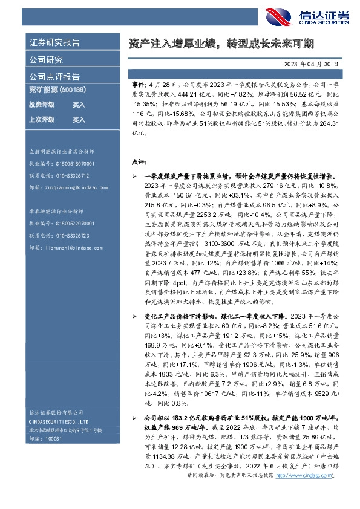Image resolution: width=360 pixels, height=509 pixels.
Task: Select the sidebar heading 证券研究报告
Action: (54, 43)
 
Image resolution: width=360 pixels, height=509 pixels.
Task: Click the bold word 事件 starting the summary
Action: (138, 88)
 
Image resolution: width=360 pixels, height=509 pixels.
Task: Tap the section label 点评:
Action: (138, 163)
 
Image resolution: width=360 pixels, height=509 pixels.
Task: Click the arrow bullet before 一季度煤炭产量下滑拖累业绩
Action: (134, 176)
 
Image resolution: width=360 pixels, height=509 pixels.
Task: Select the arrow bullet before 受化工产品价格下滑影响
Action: (134, 316)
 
